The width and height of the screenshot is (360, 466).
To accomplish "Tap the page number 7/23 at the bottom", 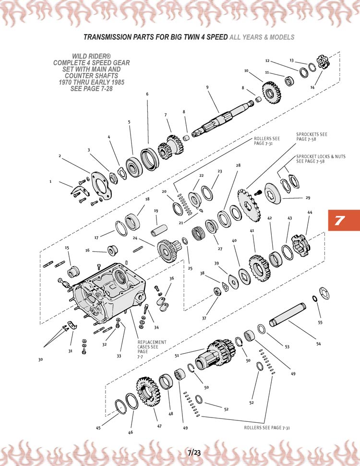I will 194,452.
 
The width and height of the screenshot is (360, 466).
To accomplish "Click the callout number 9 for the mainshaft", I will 207,87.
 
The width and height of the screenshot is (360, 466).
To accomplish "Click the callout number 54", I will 319,343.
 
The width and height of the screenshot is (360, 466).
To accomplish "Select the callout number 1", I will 50,181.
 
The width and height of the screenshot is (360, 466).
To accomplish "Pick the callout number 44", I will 310,212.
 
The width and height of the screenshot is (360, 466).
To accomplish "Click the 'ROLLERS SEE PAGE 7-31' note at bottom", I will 266,427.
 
